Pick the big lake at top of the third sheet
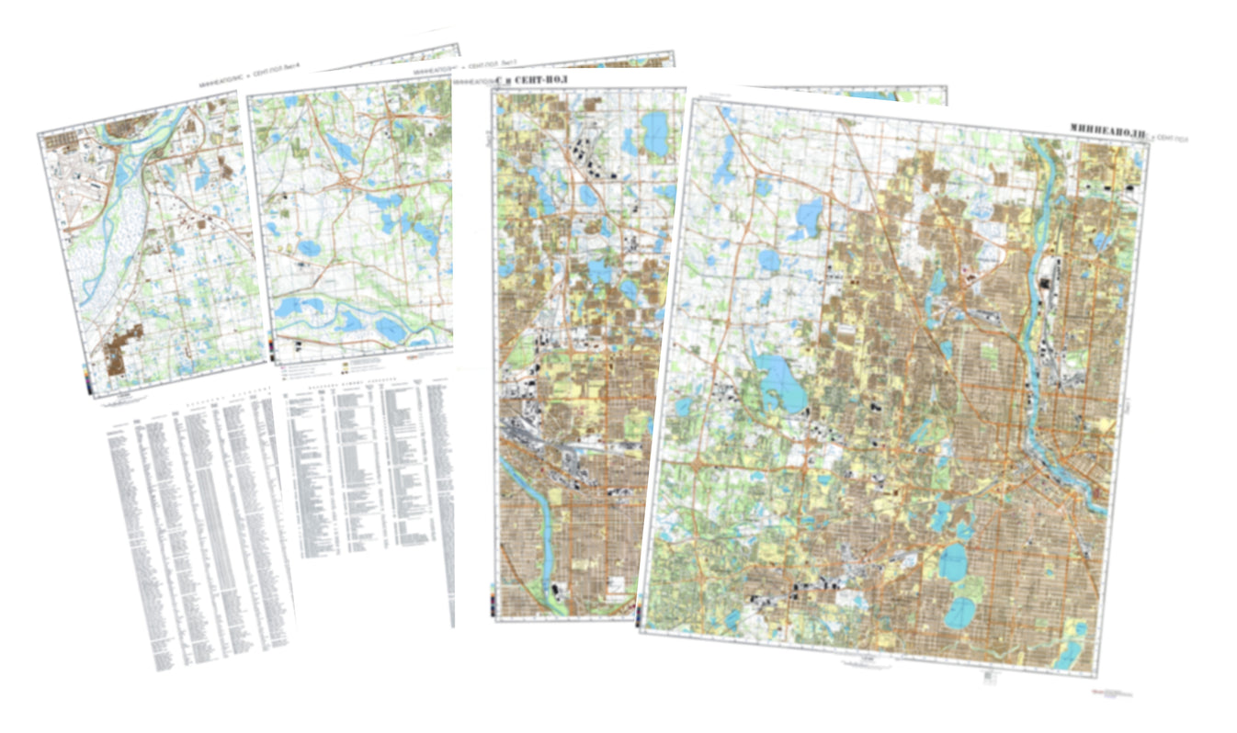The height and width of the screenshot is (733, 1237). pyautogui.click(x=655, y=125)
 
